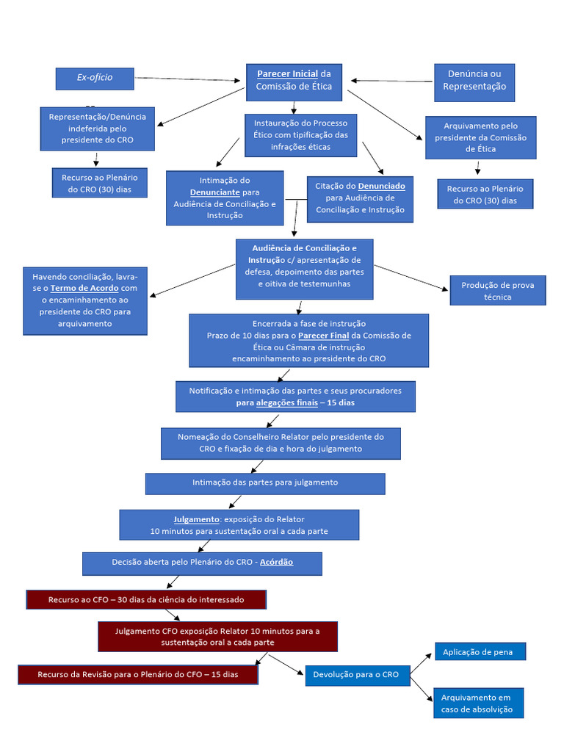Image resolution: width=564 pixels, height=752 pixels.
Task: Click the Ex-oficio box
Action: (94, 79)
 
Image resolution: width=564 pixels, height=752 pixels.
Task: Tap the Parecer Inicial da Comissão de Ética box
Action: (294, 81)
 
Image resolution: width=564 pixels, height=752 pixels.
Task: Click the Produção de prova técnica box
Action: (498, 291)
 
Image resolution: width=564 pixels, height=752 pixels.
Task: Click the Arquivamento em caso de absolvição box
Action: (478, 703)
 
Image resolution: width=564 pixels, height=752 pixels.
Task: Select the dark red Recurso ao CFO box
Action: (146, 600)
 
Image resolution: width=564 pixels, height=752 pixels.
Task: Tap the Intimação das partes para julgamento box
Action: (265, 483)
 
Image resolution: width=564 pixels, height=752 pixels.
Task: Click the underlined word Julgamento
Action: (196, 519)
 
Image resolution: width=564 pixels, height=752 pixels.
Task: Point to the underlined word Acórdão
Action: (276, 562)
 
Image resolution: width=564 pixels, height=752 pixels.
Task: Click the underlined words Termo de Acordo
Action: (84, 289)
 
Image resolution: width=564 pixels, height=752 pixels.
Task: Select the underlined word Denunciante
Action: (215, 192)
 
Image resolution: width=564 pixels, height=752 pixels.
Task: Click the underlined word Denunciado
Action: (381, 187)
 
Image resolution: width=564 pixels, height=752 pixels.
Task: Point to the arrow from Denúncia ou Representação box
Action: (392, 81)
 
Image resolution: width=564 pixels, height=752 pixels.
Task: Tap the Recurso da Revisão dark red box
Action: (138, 674)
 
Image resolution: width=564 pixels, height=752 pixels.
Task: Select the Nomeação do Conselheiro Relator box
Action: (281, 443)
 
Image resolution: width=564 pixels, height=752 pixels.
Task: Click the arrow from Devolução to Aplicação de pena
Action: (421, 663)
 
